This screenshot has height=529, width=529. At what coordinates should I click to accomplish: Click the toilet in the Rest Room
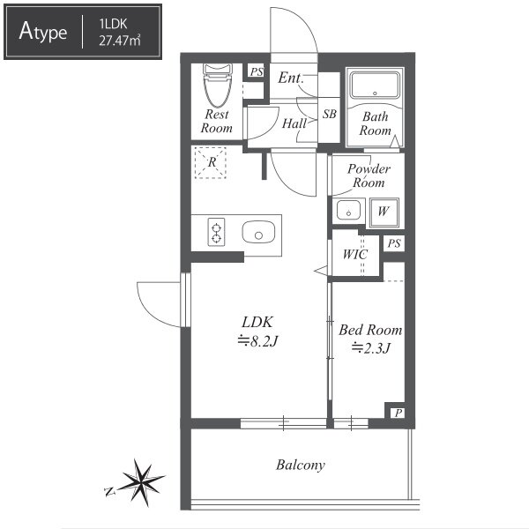point(218,86)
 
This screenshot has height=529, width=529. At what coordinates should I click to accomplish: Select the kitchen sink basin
point(258,232)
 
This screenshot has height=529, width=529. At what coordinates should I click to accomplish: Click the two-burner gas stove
point(216,232)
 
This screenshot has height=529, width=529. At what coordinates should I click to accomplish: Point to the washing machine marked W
point(384,212)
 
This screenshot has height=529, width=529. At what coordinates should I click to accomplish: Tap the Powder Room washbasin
point(348,211)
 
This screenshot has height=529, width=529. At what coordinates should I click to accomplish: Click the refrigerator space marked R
point(211,162)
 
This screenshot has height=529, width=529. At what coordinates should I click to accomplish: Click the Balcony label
point(301,465)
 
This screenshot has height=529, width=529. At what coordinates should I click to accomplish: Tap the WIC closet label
point(355,254)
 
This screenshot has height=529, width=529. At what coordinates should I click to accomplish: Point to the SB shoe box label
point(329,114)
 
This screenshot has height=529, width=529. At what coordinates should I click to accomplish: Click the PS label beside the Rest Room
point(257,71)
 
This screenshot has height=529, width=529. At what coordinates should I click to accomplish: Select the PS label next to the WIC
point(394,243)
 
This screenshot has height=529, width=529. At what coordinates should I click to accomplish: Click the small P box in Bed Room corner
point(399,413)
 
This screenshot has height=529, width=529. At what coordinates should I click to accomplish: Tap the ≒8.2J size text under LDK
point(257,341)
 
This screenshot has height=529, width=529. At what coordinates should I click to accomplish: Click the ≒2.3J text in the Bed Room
point(371,348)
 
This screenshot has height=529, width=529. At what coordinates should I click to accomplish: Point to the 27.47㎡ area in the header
point(119,41)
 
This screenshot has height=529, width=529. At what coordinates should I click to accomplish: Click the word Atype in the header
point(43,32)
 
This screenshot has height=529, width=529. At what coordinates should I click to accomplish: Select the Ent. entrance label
point(291,78)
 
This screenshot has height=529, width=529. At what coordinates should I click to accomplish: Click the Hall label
point(294,123)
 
